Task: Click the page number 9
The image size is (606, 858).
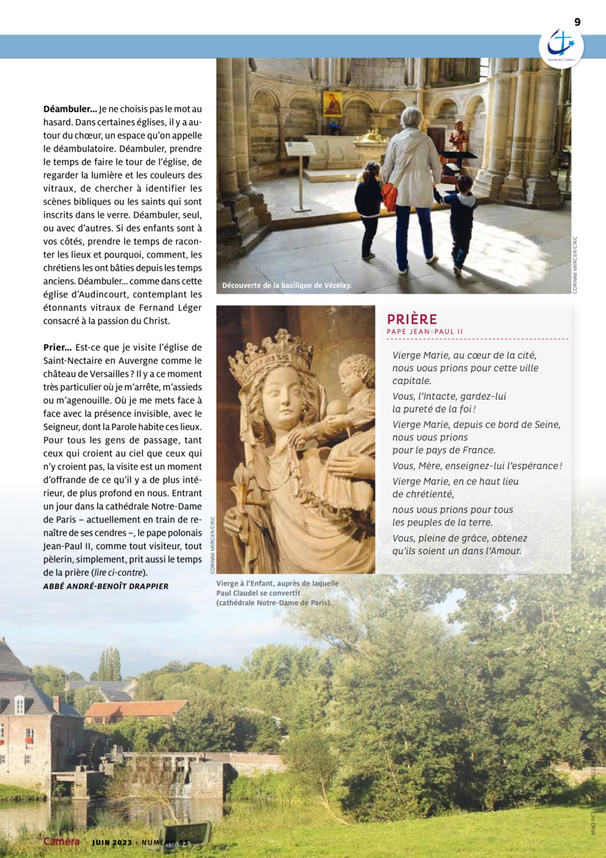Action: point(577,22)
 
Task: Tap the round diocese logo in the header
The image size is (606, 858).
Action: point(561,47)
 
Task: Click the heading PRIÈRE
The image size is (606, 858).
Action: point(412,319)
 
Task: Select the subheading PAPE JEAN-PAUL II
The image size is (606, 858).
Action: point(425,332)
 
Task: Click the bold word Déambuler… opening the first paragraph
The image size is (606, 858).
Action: point(69,109)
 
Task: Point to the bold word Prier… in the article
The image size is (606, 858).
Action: point(57,347)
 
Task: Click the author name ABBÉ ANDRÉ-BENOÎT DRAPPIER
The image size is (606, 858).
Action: point(106,586)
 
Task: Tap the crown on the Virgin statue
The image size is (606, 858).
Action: point(270,350)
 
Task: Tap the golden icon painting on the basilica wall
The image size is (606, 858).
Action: point(333,104)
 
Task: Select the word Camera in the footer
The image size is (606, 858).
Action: point(61,842)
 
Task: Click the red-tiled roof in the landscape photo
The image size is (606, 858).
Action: point(136,708)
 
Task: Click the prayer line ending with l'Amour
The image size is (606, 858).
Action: point(457,551)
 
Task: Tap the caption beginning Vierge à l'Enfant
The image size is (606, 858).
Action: point(277,593)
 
